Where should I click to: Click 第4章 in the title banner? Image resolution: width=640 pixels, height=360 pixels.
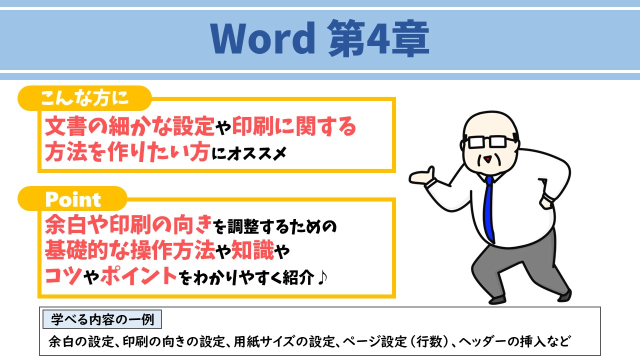(x=378, y=39)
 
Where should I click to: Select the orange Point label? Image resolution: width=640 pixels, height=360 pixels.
(x=73, y=199)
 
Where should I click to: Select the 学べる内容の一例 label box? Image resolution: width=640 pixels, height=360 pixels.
(x=102, y=318)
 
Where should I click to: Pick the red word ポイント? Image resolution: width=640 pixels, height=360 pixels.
(x=138, y=276)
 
